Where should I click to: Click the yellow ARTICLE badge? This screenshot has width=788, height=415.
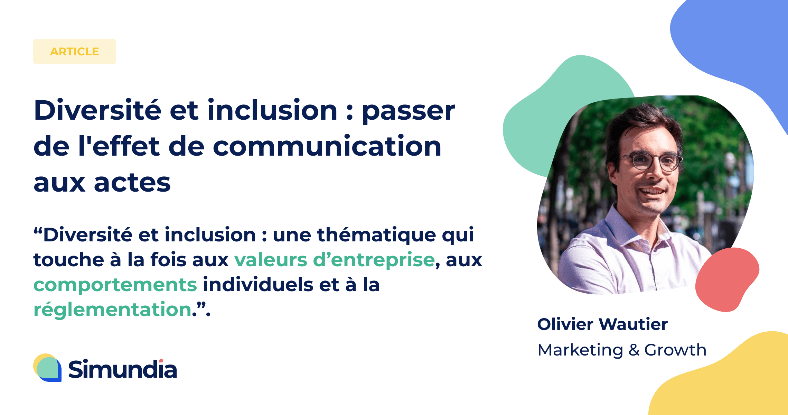[x=75, y=52]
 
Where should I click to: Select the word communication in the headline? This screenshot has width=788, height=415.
[x=327, y=146]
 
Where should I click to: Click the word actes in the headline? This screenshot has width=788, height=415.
[x=132, y=183]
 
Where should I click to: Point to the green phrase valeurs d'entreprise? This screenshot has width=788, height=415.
[x=334, y=260]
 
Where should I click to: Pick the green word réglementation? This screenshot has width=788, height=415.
[x=113, y=309]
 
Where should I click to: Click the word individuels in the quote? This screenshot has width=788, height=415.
[x=258, y=284]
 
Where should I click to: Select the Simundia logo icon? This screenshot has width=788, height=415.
[x=47, y=368]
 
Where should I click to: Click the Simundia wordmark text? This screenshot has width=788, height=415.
[x=123, y=369]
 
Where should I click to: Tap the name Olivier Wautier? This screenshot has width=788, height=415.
[x=602, y=324]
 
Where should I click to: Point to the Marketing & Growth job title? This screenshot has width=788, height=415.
[x=622, y=350]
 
